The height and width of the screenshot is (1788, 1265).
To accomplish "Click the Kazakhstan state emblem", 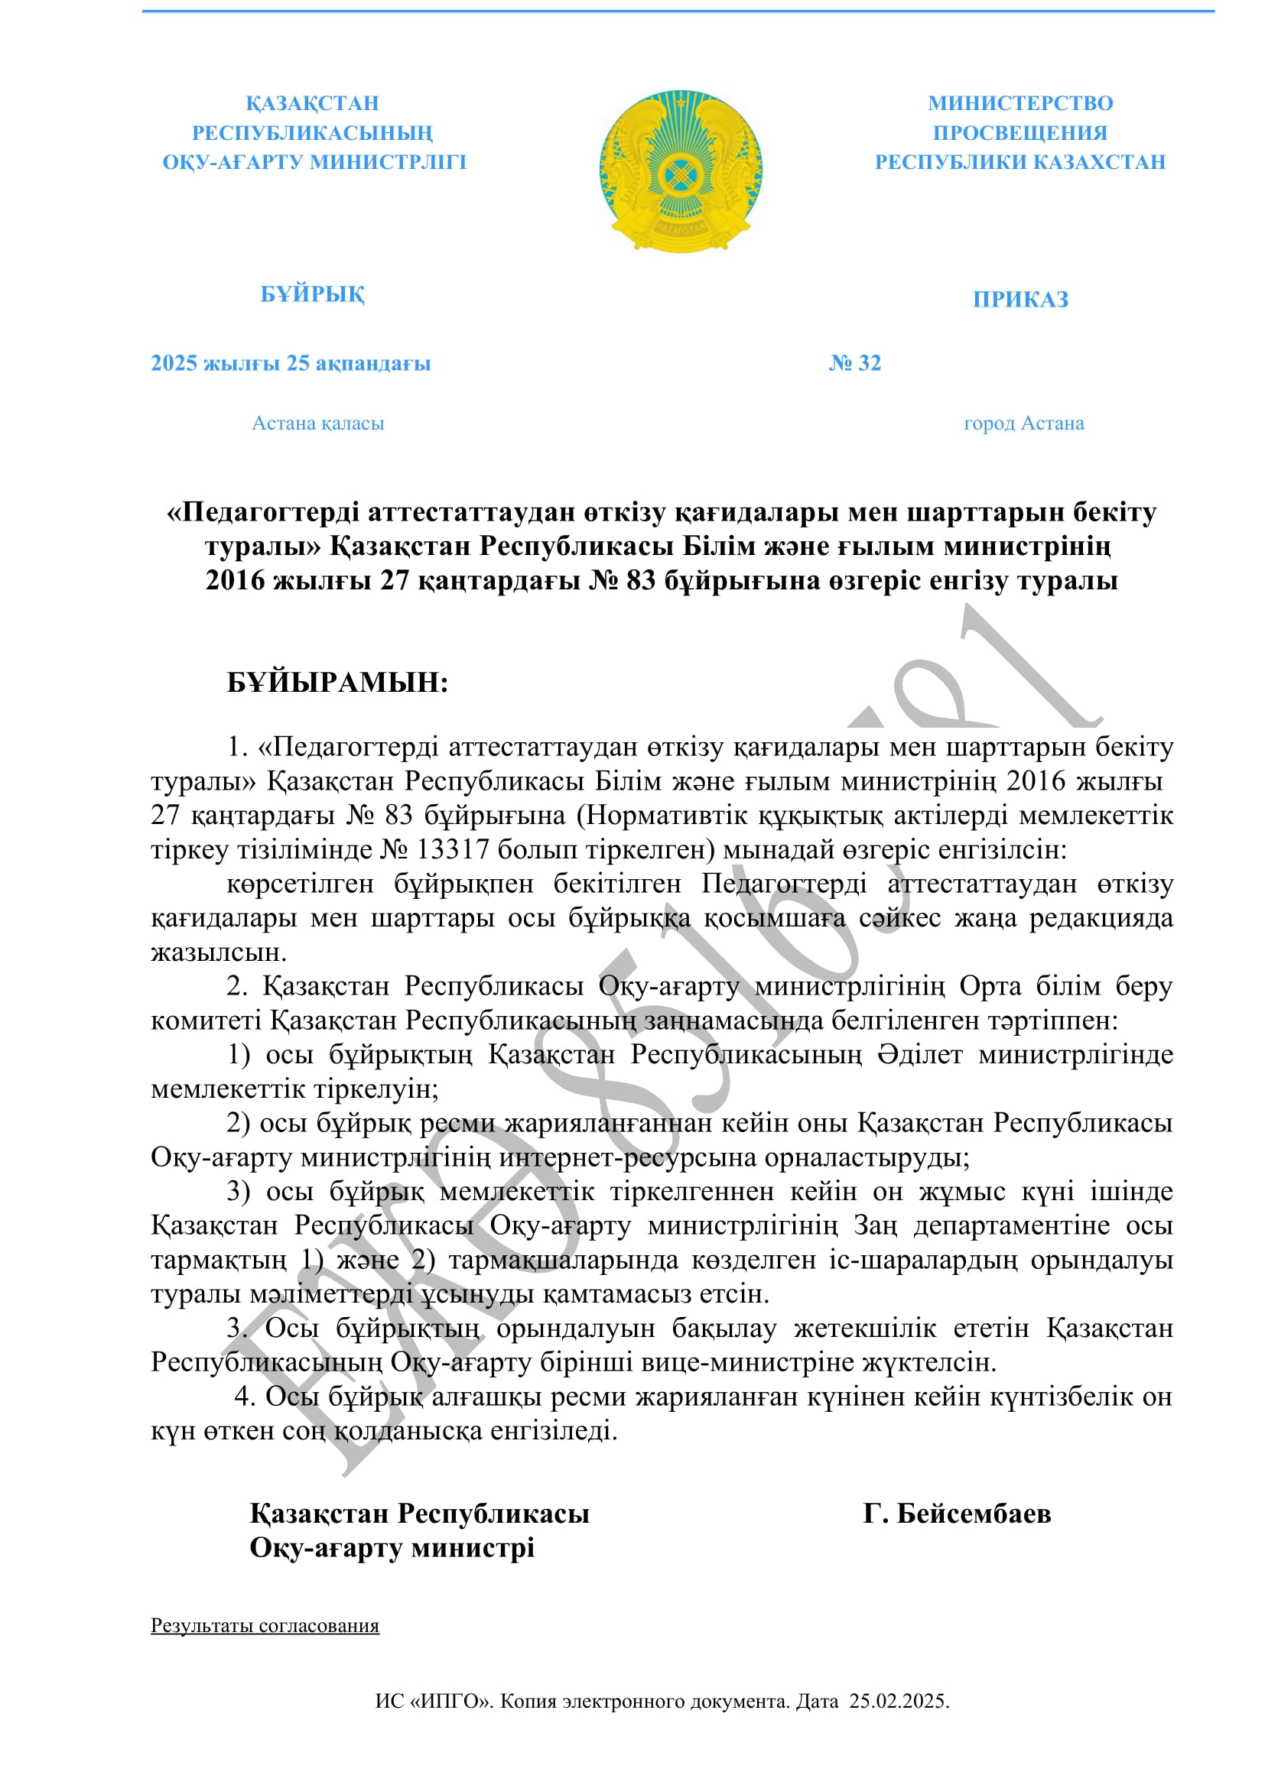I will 680,170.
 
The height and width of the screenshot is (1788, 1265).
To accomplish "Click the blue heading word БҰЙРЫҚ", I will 311,294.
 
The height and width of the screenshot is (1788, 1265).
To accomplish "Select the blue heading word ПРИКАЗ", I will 1020,300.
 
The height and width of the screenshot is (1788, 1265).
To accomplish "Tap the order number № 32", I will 854,363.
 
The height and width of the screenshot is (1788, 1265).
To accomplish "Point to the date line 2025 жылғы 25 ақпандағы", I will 291,364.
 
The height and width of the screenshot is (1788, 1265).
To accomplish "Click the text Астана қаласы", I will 318,423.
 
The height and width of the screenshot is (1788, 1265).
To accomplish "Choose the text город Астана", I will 1023,423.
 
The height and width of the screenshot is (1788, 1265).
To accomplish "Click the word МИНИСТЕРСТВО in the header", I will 1020,103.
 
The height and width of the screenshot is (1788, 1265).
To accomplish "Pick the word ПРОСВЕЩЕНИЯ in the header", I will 1020,133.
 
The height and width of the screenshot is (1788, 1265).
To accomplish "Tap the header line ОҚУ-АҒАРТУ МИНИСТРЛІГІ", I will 314,163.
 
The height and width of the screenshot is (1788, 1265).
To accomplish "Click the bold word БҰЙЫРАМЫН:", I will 337,683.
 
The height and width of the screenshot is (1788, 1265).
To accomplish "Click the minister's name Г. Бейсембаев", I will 957,1514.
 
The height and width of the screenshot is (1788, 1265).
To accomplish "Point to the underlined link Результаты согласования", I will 265,1626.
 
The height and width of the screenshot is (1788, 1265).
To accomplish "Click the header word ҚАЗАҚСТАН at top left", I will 312,103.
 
